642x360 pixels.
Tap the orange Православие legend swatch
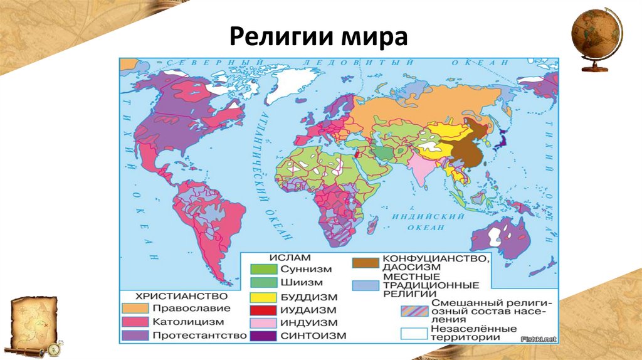point(134,308)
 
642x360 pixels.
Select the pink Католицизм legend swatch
point(134,322)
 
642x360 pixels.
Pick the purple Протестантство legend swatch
point(134,336)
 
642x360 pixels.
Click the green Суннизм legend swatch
point(263,269)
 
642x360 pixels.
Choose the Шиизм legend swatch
point(263,282)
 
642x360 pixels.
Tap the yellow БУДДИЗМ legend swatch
point(263,297)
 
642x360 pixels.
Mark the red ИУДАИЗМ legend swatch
point(263,310)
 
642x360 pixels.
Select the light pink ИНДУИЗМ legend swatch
point(263,323)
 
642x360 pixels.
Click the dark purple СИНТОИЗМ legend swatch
point(263,336)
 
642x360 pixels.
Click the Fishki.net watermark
point(539,339)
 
